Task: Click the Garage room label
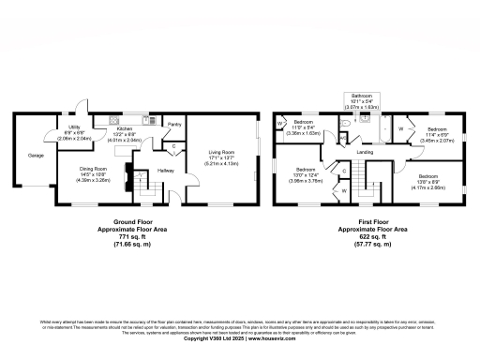pyautogui.click(x=36, y=155)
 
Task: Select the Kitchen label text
pyautogui.click(x=125, y=129)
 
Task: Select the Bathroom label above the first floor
pyautogui.click(x=361, y=95)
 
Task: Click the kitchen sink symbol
pyautogui.click(x=114, y=120)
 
